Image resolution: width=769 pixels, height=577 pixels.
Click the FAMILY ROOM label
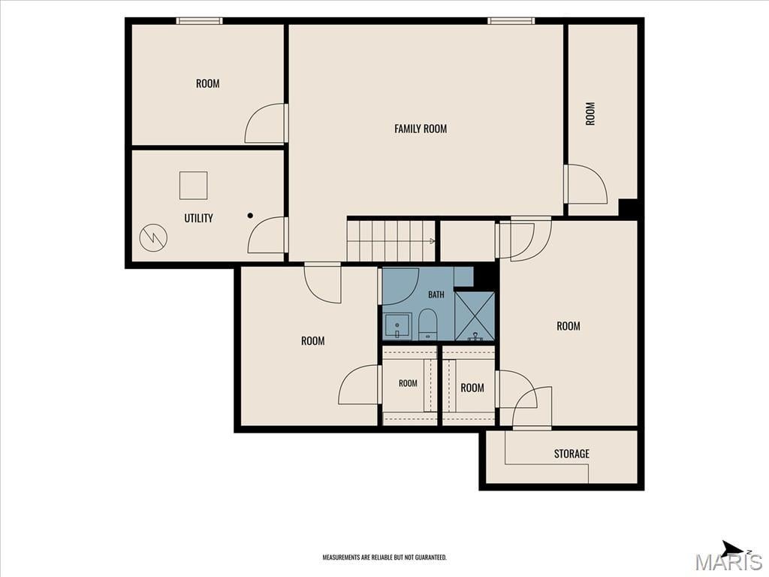click(x=421, y=128)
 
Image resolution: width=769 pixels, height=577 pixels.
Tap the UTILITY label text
click(x=198, y=218)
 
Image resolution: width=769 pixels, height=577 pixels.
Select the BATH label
click(x=436, y=295)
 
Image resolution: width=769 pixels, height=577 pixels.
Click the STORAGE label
click(x=571, y=453)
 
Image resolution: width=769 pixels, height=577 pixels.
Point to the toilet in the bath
click(x=427, y=325)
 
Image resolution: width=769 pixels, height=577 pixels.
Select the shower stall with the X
click(x=475, y=316)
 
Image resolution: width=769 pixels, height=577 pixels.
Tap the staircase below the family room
click(x=391, y=241)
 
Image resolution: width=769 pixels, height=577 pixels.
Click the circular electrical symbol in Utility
click(x=153, y=238)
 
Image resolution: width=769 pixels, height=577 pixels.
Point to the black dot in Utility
click(x=250, y=216)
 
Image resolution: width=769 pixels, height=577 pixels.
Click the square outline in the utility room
click(x=193, y=186)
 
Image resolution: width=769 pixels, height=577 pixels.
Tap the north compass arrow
click(x=733, y=548)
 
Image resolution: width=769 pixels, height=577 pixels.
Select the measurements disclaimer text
click(x=384, y=557)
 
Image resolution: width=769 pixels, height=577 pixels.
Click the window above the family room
click(x=511, y=20)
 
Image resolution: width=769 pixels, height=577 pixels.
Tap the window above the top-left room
click(x=199, y=20)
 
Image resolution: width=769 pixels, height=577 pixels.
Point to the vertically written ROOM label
click(x=590, y=113)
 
